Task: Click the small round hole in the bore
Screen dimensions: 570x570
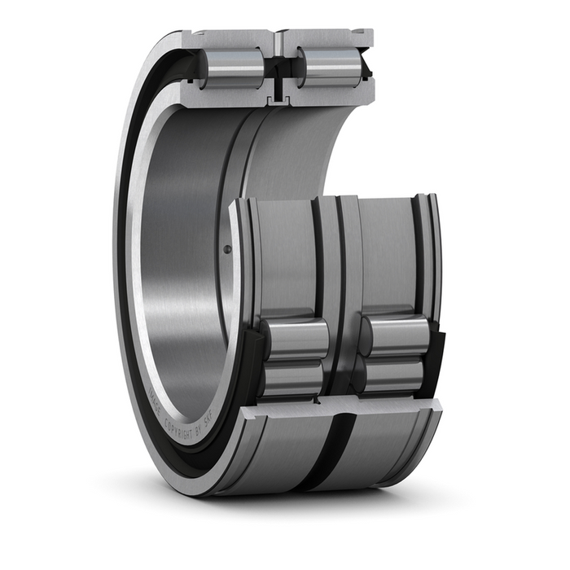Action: [227, 249]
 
